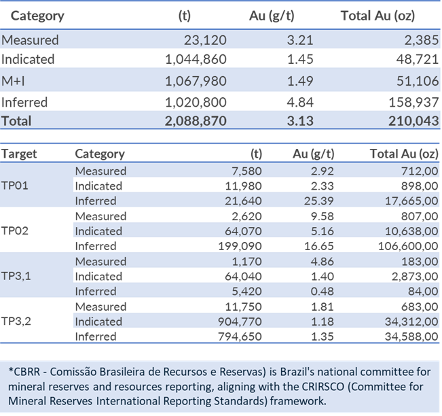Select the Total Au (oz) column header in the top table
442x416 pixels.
(x=377, y=15)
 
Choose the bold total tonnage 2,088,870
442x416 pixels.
(x=196, y=121)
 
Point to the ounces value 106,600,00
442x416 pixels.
(x=405, y=246)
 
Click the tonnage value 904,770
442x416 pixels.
(x=239, y=321)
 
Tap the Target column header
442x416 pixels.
(x=19, y=154)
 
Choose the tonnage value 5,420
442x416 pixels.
(x=246, y=291)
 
